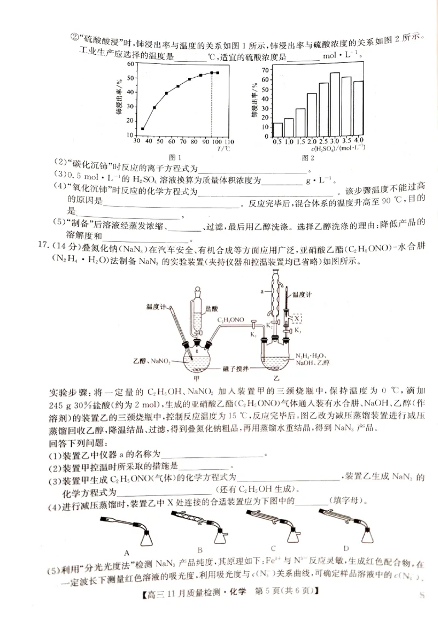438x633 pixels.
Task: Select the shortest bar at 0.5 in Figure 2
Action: tap(278, 129)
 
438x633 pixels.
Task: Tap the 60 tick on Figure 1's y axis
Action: tap(130, 64)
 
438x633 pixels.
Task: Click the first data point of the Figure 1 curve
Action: tap(143, 129)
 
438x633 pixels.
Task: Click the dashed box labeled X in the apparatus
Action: tap(296, 318)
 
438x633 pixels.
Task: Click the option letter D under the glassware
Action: tap(346, 548)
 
